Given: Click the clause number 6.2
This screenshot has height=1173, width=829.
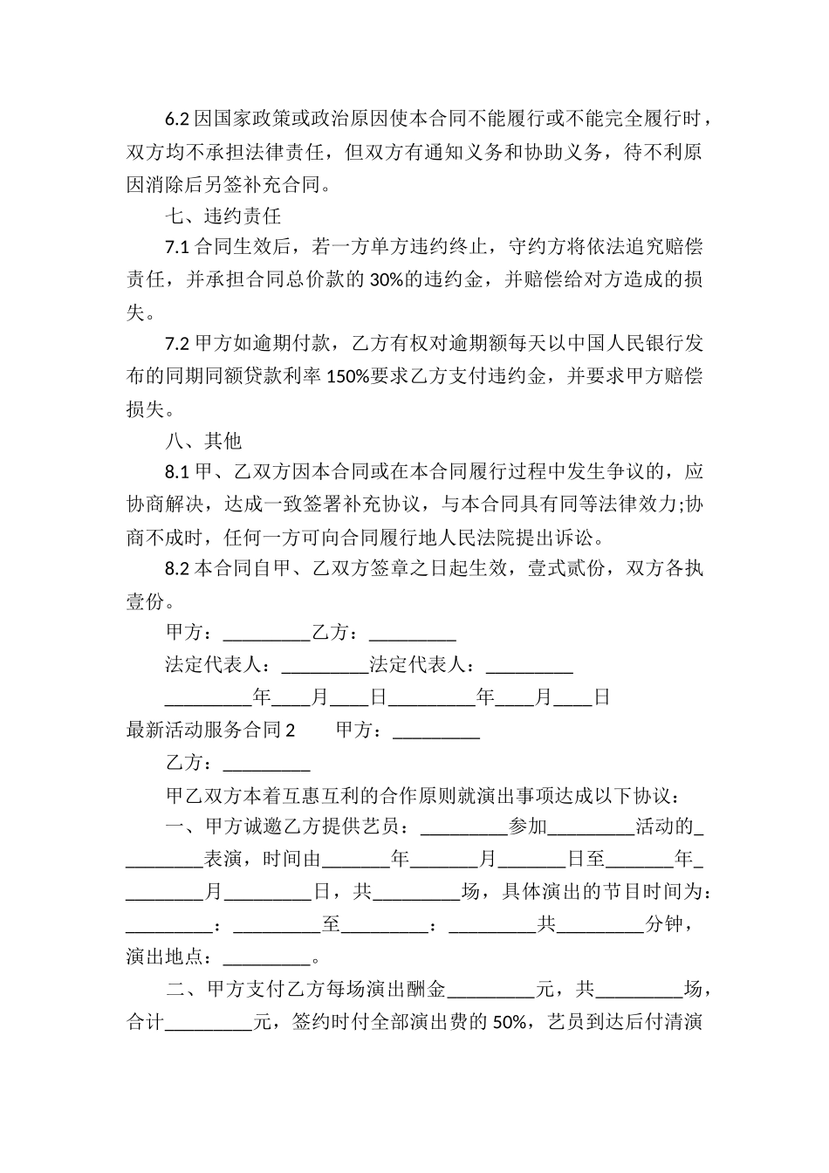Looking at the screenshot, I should [177, 119].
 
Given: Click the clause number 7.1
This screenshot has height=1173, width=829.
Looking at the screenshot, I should [177, 247].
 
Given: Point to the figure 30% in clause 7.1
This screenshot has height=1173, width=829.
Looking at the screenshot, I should [386, 279].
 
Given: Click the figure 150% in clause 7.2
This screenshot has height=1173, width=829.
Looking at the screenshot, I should [347, 376].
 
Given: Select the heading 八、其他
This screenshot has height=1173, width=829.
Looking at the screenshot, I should [203, 441].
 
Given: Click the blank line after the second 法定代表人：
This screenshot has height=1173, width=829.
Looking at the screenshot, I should [529, 666].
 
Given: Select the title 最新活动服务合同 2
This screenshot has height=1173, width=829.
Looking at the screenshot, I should [211, 731].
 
